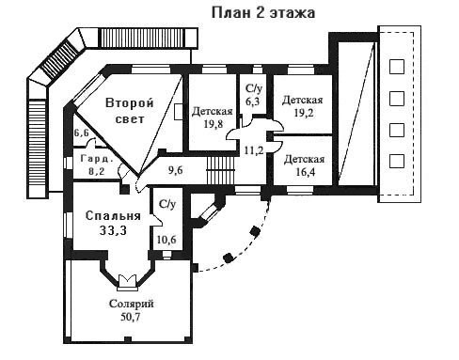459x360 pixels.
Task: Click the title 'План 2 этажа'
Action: (263, 13)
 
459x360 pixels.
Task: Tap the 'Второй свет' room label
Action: (130, 111)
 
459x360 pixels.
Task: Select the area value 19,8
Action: (214, 124)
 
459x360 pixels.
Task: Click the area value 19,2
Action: (304, 113)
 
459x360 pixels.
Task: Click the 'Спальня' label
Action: (113, 216)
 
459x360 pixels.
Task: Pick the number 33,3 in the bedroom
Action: (113, 230)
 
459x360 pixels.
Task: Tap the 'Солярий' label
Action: (132, 304)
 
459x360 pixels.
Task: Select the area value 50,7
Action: (131, 317)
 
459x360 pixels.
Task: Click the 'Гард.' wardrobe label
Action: (96, 159)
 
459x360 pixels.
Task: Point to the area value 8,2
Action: (96, 171)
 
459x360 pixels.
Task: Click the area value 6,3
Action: (252, 102)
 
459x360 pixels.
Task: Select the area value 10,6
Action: (166, 240)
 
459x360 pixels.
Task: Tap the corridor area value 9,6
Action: (175, 170)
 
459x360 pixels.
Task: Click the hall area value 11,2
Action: (254, 150)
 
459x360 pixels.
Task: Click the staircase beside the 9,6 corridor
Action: (221, 170)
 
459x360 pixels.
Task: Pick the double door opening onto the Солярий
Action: (128, 281)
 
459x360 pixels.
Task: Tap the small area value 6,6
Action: (81, 133)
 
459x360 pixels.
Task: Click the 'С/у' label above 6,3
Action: (254, 88)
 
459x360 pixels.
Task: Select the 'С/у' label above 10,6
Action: (167, 204)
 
